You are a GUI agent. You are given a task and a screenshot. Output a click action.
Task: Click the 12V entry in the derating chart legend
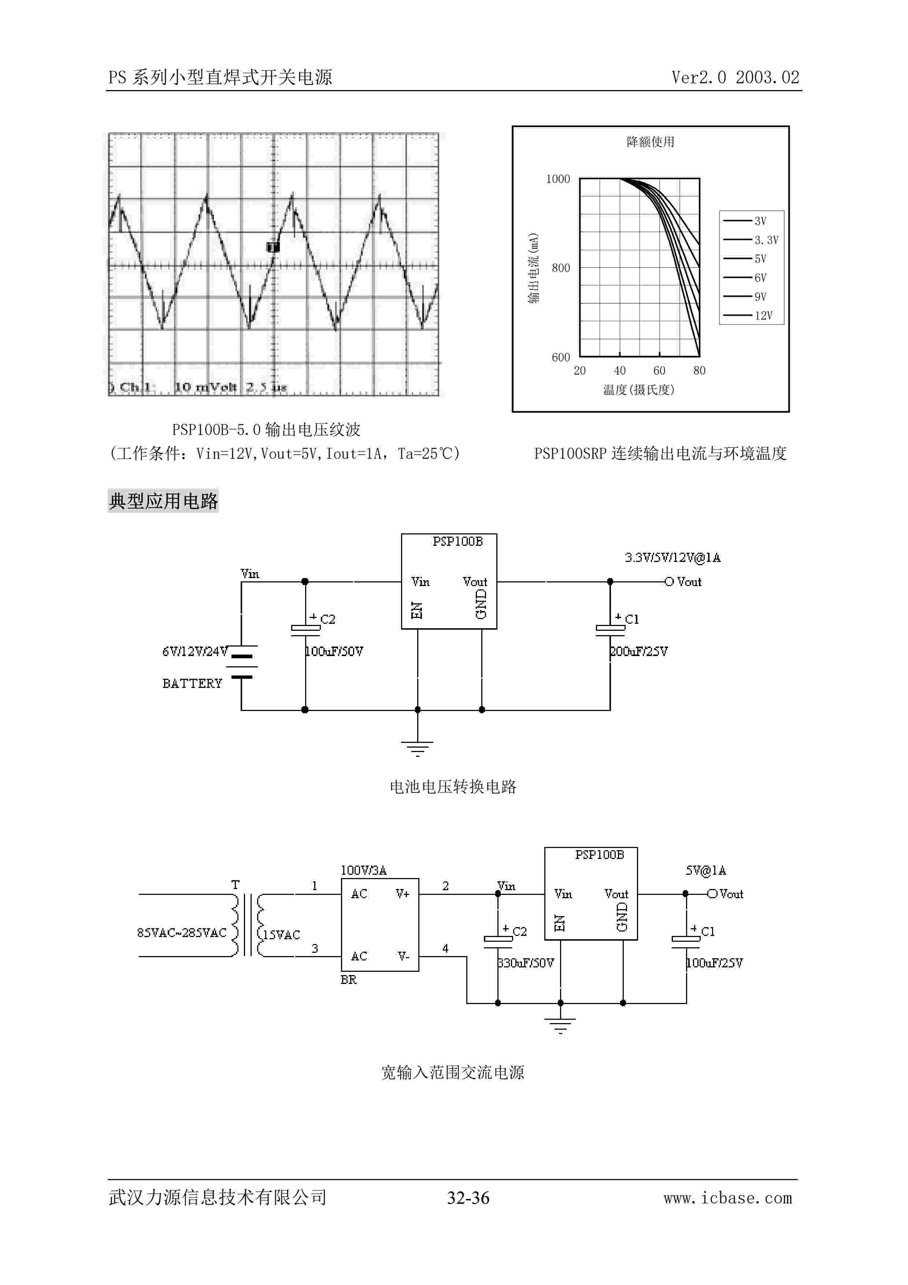pos(763,316)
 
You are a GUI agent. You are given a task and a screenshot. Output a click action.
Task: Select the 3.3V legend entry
pos(766,240)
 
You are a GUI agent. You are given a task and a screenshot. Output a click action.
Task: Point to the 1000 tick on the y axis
pos(558,179)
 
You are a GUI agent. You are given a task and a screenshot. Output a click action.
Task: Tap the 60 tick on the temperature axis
pos(659,370)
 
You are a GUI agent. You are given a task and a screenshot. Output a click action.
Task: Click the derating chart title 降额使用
pos(650,142)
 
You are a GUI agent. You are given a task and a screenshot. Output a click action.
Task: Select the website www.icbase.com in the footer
pos(727,1198)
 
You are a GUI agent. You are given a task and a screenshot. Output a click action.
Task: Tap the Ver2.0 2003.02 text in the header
pos(735,77)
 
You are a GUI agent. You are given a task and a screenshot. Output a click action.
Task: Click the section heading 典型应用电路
pos(163,501)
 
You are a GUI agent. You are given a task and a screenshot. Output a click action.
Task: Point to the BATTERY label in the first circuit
pos(192,684)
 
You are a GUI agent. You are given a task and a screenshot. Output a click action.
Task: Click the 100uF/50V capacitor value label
pos(334,651)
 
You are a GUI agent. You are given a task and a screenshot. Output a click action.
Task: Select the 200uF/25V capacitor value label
pos(639,651)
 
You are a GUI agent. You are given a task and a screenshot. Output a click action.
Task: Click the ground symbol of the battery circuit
pos(417,748)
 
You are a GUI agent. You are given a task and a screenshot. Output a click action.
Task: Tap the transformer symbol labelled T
pos(246,925)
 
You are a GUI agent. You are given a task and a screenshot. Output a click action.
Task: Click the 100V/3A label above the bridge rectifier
pos(364,870)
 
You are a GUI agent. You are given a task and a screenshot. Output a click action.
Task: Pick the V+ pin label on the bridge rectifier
pos(402,894)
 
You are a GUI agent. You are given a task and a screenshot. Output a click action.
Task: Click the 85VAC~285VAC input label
pos(182,932)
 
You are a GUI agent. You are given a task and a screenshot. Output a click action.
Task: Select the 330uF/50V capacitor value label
pos(526,963)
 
